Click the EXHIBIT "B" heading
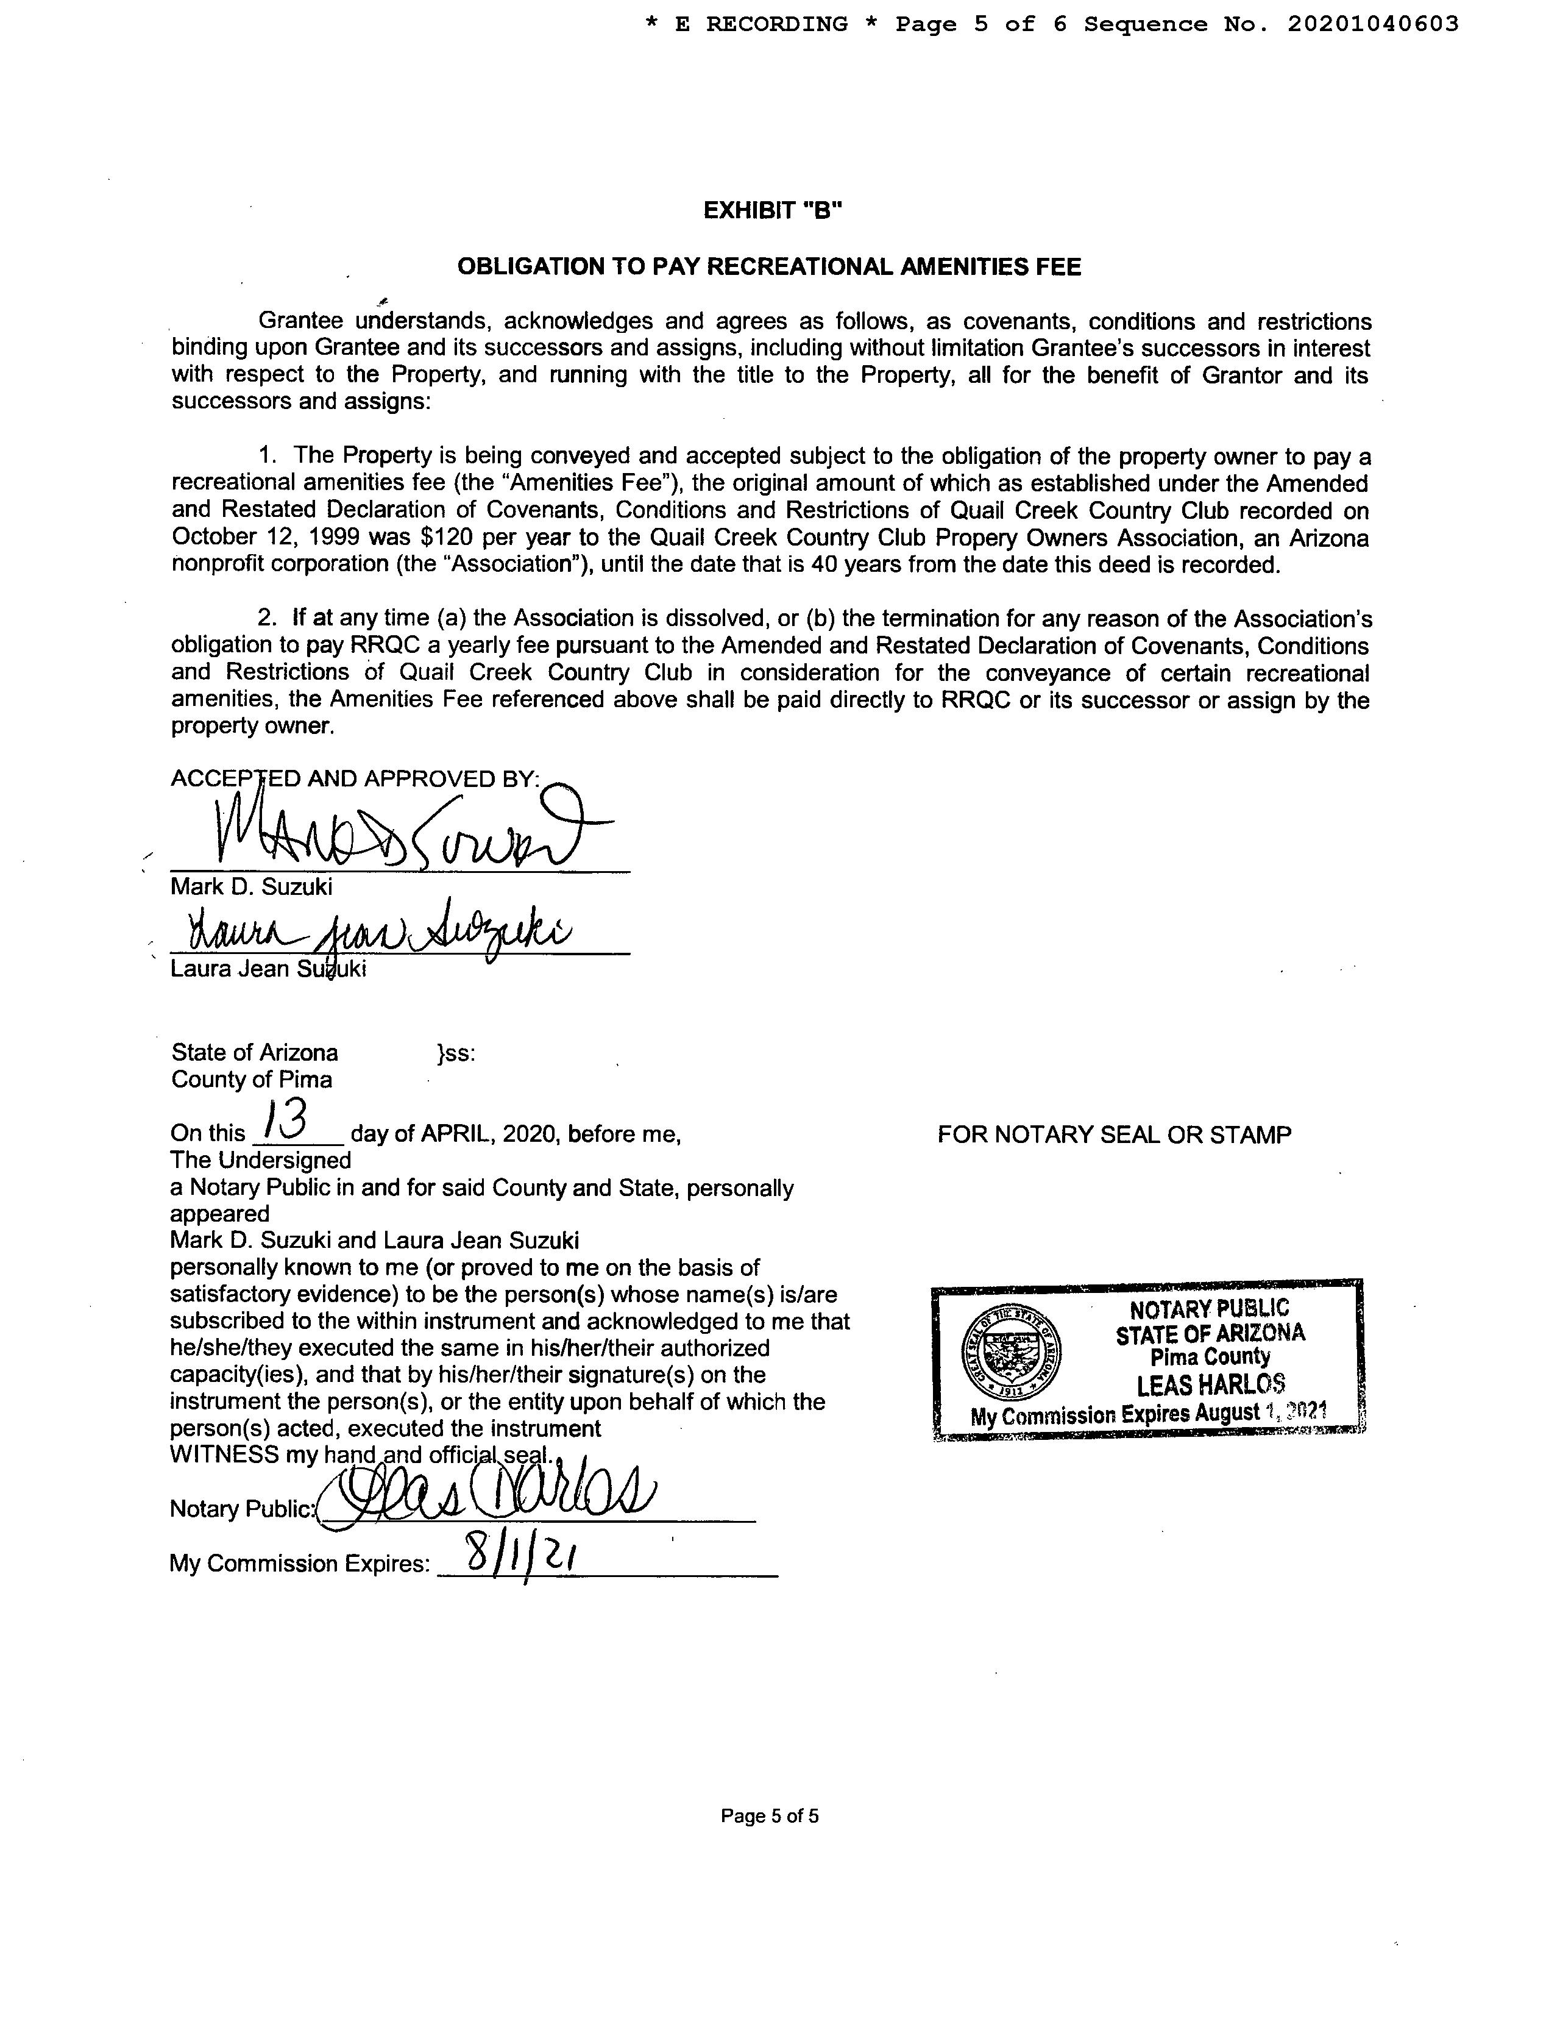pos(773,211)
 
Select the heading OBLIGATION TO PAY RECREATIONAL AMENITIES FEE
pos(769,267)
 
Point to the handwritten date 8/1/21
pos(521,1556)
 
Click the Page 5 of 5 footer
pos(769,1815)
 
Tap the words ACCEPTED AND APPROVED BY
pos(355,778)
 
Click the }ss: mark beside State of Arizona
pos(456,1053)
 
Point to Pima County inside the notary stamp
pos(1210,1357)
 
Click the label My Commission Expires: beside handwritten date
pos(299,1563)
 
